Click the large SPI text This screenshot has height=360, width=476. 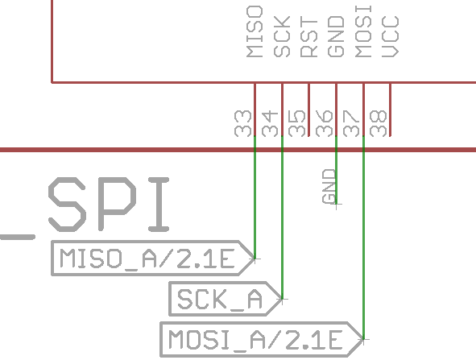pos(109,206)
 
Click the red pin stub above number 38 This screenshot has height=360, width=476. pos(391,109)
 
